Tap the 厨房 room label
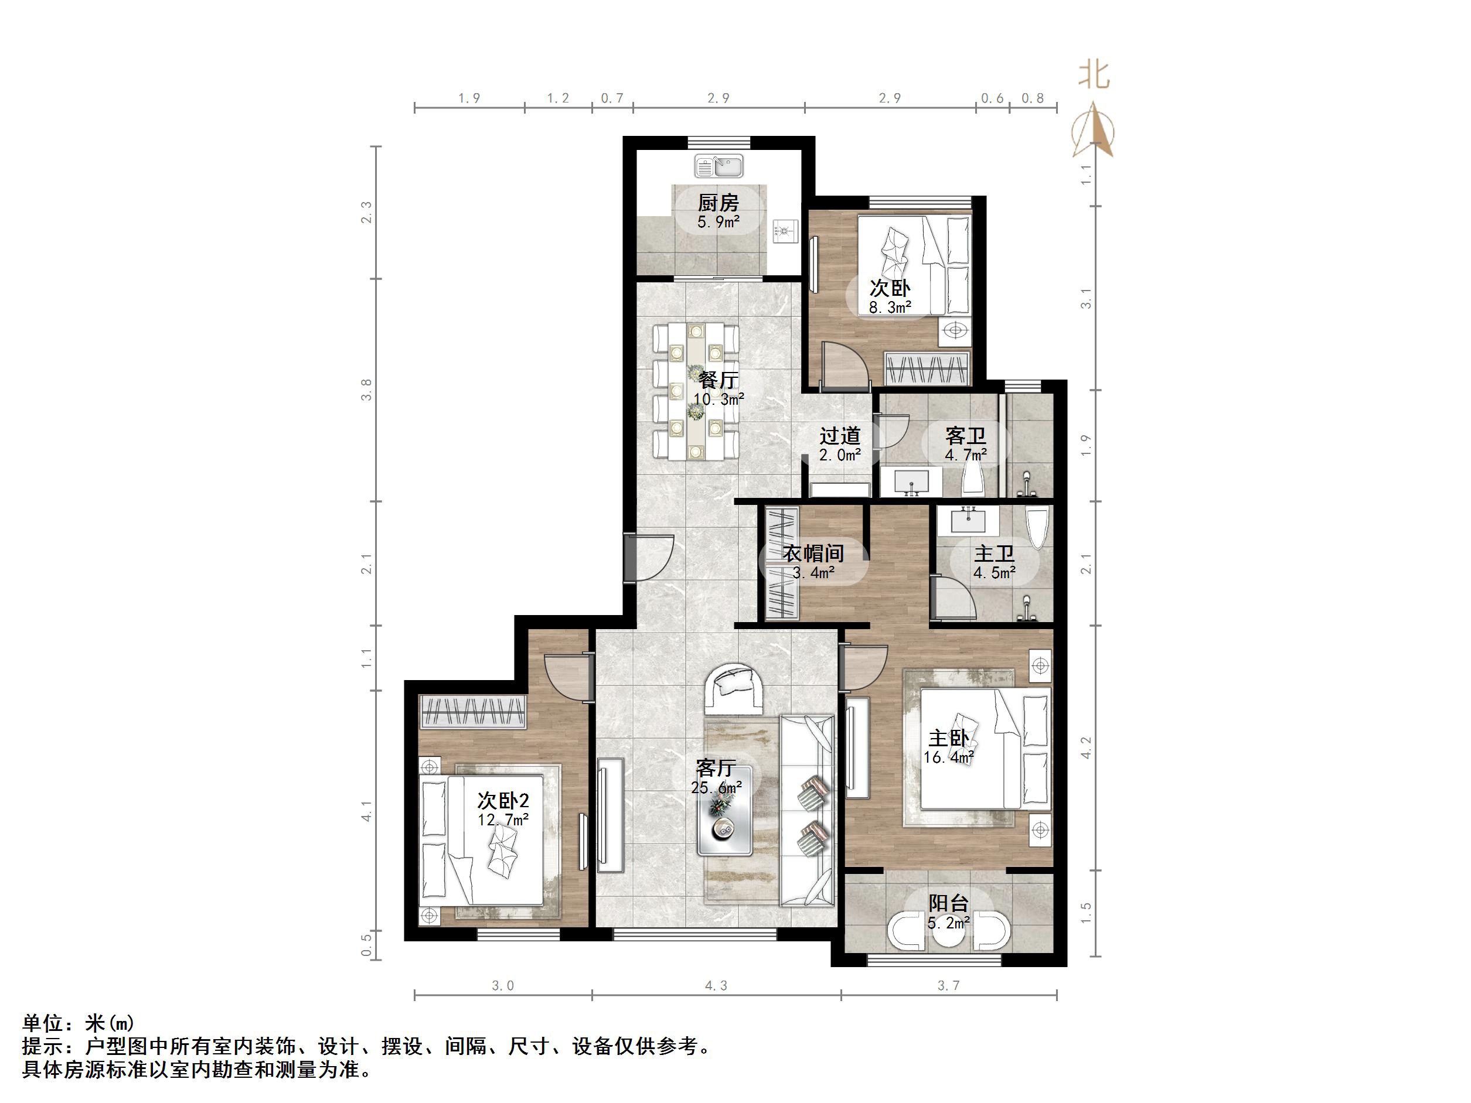pos(718,202)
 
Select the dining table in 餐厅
pos(696,392)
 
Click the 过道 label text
pos(840,436)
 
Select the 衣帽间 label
pos(813,553)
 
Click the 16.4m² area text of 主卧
pos(949,757)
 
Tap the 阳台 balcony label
pos(948,903)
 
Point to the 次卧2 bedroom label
pos(503,801)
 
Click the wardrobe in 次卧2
pos(473,711)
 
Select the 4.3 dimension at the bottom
pos(716,985)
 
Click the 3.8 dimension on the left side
pos(366,390)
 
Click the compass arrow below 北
pos(1095,131)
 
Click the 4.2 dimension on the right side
pos(1086,748)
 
